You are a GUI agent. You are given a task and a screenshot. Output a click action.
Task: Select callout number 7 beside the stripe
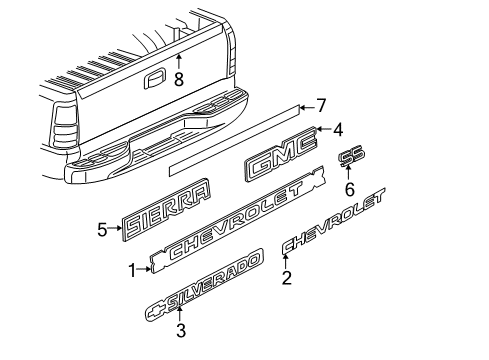click(x=322, y=103)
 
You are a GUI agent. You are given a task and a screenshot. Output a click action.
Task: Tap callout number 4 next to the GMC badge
click(x=338, y=128)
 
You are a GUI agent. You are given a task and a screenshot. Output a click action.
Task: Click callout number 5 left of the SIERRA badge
click(x=101, y=229)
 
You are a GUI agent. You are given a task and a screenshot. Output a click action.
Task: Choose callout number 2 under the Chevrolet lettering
click(x=287, y=279)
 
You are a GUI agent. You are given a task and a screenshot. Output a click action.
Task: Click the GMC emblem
click(x=280, y=160)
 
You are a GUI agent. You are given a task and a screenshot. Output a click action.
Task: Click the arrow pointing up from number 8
click(x=179, y=61)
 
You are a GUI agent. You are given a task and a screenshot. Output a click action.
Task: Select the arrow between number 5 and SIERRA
click(x=114, y=229)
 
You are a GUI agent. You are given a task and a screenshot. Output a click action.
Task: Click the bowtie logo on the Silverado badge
click(x=155, y=310)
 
